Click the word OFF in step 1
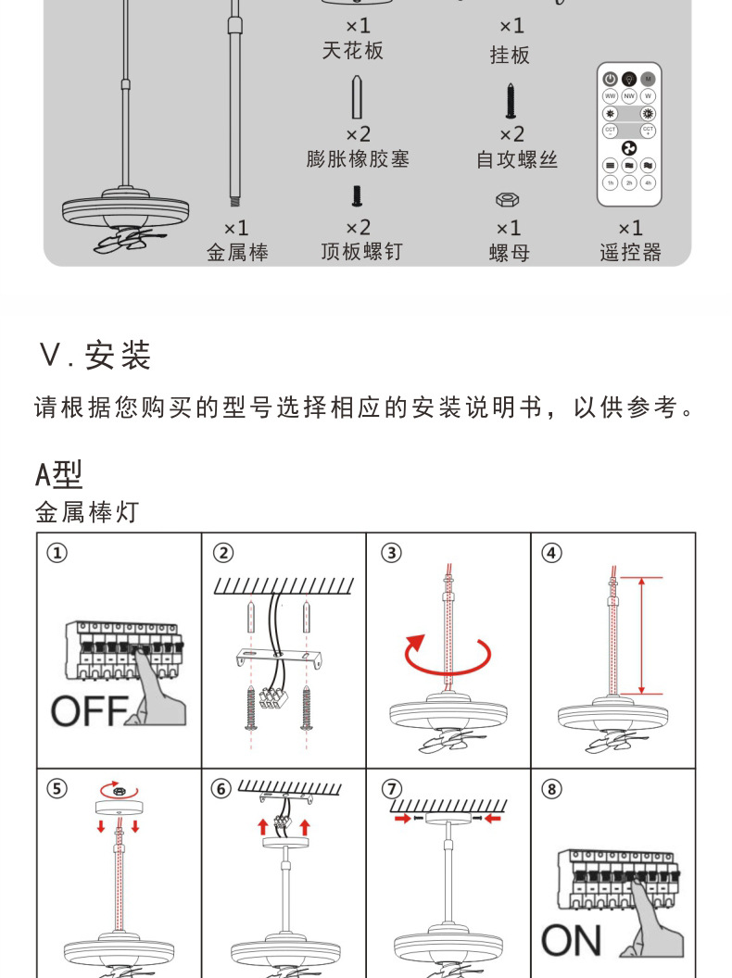(x=88, y=711)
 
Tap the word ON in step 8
(x=571, y=940)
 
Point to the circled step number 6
(x=221, y=789)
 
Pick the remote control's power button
(x=610, y=78)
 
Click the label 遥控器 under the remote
(x=630, y=252)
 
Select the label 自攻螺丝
(x=517, y=159)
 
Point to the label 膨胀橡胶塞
(x=358, y=159)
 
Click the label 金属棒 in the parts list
(x=237, y=252)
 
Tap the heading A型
(x=58, y=474)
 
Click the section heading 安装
(x=118, y=355)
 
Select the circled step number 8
(x=552, y=789)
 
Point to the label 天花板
(x=352, y=51)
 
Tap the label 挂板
(x=510, y=56)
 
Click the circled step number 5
(x=57, y=789)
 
